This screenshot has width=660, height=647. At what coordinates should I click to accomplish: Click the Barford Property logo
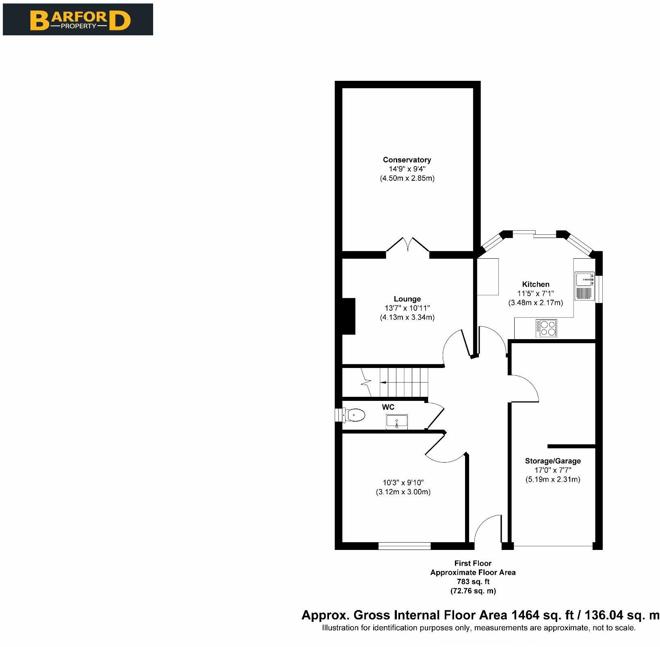[78, 19]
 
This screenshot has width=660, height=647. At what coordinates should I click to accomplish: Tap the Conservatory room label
[407, 160]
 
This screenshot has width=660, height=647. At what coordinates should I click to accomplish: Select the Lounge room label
[407, 299]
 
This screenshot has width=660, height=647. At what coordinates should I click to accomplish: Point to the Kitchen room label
[536, 284]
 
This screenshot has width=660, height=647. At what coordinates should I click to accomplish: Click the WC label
[388, 407]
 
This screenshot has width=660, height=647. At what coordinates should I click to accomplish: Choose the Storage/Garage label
[553, 461]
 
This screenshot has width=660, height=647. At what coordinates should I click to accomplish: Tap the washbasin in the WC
[397, 422]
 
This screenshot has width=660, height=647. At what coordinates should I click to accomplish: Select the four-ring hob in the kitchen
[547, 328]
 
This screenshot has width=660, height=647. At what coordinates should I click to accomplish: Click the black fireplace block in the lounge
[349, 316]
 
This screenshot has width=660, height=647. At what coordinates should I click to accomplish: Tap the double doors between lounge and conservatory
[408, 247]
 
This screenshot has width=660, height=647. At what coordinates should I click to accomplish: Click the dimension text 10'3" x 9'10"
[403, 483]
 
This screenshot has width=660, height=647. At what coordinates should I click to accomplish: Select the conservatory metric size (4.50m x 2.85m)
[407, 178]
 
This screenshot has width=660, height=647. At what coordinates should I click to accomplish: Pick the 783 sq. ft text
[473, 582]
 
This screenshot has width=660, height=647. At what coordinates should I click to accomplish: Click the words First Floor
[473, 563]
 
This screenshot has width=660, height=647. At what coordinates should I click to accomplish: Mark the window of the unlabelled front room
[405, 546]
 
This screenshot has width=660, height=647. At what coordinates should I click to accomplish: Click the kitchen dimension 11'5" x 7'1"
[536, 293]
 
